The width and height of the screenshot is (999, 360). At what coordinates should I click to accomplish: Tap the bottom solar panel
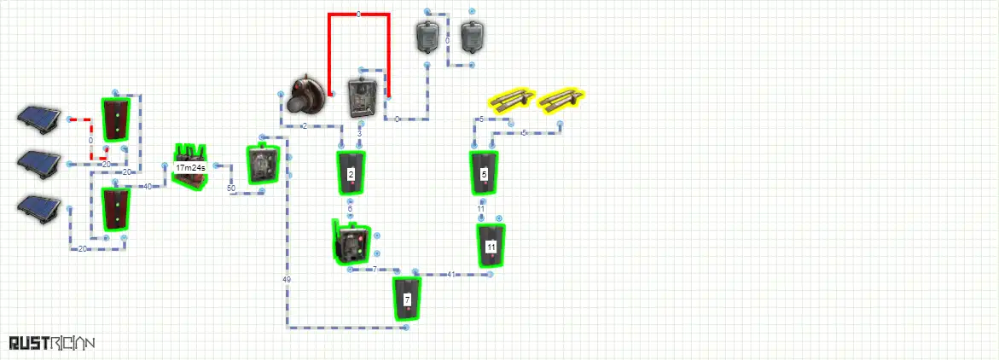tap(39, 207)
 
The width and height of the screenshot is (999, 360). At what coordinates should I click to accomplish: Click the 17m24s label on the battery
tap(189, 168)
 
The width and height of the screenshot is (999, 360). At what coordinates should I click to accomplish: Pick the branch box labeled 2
tap(351, 175)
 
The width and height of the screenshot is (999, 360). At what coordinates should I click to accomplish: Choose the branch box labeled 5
tap(484, 174)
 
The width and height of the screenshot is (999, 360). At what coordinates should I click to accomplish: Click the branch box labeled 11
tap(491, 246)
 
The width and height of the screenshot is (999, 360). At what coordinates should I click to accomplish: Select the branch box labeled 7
tap(407, 299)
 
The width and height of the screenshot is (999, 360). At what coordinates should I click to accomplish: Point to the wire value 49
tap(286, 280)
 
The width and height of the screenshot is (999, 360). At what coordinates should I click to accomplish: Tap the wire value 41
tap(451, 274)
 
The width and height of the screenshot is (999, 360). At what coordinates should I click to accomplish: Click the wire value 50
tap(230, 188)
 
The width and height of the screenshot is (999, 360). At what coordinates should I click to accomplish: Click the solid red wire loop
tap(359, 15)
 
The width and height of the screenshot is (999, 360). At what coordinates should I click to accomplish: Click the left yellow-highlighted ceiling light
tap(509, 100)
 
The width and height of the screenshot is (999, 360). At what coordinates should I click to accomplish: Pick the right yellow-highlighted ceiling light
tap(562, 100)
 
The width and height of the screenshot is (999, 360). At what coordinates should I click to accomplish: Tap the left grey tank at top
tap(427, 36)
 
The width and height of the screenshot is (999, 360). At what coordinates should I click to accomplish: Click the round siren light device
tap(305, 95)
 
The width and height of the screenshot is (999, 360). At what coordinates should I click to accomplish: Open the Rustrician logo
tap(51, 343)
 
